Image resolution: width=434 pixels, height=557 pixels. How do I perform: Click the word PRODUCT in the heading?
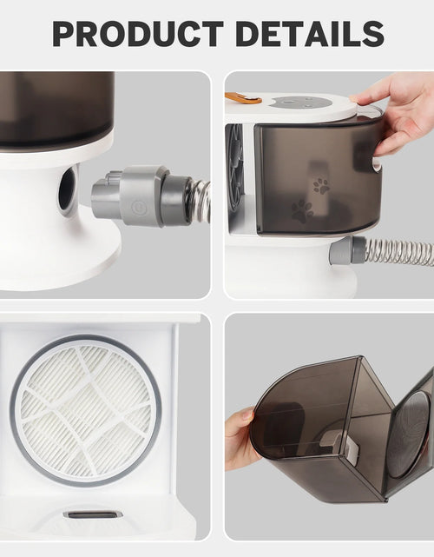138,34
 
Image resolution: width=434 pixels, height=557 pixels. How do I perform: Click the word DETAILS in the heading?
310,34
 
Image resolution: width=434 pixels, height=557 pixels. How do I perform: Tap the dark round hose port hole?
67,188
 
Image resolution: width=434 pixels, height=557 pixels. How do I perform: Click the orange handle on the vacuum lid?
243,97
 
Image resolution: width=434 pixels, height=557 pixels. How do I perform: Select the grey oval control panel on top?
299,103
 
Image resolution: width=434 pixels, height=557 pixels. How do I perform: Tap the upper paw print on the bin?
321,186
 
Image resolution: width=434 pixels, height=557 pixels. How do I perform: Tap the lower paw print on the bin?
302,211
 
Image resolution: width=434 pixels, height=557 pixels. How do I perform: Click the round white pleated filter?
86,411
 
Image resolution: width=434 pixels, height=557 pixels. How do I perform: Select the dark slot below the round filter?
92,514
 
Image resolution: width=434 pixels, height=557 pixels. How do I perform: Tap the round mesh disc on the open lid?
411,434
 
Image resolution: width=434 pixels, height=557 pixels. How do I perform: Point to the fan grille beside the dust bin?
234,161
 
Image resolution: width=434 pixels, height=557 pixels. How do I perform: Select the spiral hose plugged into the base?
400,251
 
